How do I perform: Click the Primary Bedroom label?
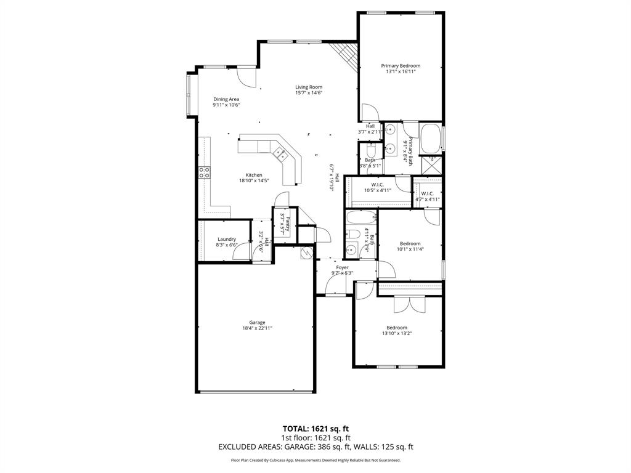[x=401, y=66]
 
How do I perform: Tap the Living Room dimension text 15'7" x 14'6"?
[x=309, y=94]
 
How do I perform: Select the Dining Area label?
[x=226, y=99]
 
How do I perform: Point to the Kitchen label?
[x=254, y=175]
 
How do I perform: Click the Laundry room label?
[x=227, y=239]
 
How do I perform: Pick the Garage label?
[x=257, y=322]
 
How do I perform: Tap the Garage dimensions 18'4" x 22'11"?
[x=257, y=329]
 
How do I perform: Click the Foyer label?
[x=342, y=267]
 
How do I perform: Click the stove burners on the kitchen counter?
[x=204, y=172]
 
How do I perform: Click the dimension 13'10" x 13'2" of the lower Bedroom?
[x=397, y=334]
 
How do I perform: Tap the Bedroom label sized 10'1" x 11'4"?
[x=410, y=243]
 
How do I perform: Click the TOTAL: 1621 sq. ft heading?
[x=315, y=429]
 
